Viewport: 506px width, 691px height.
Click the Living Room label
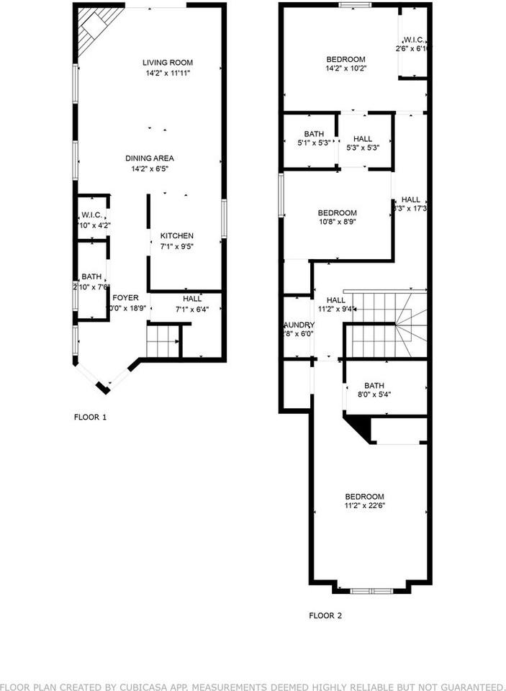tap(167, 63)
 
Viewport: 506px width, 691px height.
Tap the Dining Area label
tap(150, 158)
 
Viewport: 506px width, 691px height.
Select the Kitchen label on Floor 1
tap(176, 236)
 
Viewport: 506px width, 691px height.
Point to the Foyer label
tap(125, 298)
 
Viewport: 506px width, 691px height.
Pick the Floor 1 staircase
tap(162, 340)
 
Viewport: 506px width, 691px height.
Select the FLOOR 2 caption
tap(325, 615)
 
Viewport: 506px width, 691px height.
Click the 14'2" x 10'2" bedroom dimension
tap(346, 69)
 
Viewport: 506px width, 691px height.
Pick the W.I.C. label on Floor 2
tap(414, 40)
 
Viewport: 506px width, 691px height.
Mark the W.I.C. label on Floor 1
tap(91, 215)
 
